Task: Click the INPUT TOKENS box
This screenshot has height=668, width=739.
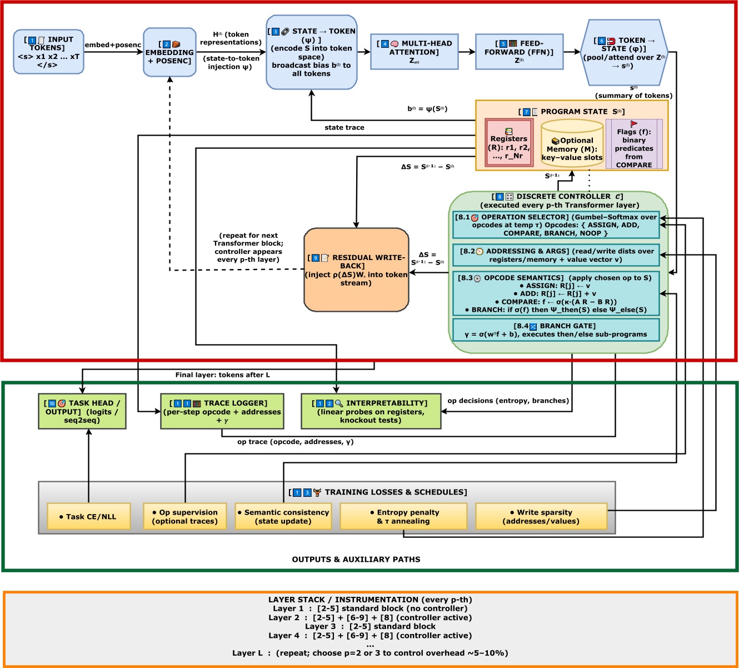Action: tap(48, 52)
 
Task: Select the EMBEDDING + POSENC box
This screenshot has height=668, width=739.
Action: tap(169, 52)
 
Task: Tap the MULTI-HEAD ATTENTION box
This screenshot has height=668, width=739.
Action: tap(414, 52)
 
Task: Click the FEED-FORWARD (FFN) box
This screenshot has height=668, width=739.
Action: tap(519, 52)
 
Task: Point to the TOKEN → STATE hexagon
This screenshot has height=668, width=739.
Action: tap(625, 53)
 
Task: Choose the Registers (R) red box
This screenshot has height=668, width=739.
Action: tap(509, 142)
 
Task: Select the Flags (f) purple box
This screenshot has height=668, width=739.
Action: tap(634, 143)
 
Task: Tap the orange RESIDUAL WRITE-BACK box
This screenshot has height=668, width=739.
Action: tap(356, 270)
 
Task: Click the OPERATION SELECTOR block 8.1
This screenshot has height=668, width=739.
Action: tap(556, 225)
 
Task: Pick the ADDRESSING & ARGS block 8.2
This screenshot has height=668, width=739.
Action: tap(556, 255)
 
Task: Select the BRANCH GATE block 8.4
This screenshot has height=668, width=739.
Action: tap(556, 330)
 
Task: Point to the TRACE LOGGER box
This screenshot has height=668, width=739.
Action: tap(222, 411)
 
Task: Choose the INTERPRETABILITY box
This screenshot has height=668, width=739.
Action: tap(371, 411)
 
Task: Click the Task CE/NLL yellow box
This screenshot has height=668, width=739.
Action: tap(89, 516)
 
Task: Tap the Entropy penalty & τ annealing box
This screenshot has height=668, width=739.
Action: tap(404, 516)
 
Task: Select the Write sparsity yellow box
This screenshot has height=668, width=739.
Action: tap(541, 516)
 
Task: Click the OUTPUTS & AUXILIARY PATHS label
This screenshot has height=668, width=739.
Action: tap(356, 559)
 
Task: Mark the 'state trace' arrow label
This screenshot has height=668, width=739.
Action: tap(344, 127)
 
